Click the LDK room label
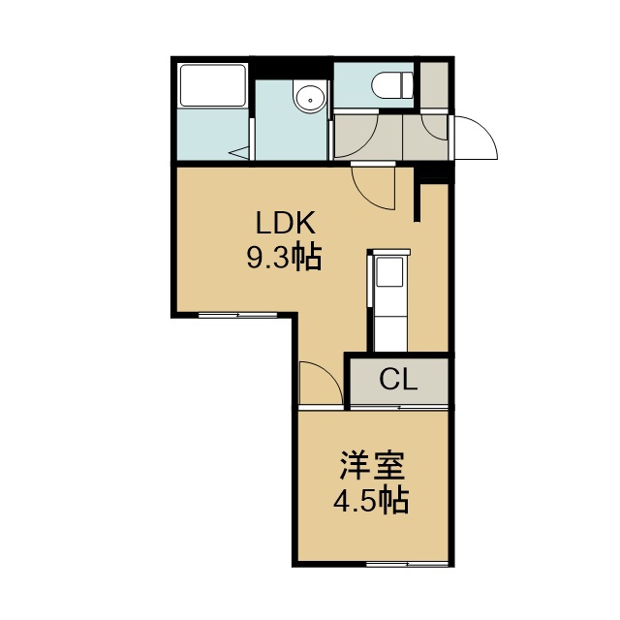(x=286, y=223)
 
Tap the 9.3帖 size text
(x=284, y=257)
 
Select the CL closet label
(x=398, y=380)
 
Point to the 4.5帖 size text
(x=370, y=501)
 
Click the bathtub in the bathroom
(x=213, y=85)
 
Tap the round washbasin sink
(x=310, y=97)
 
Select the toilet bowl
(x=387, y=84)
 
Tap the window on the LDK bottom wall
(x=237, y=315)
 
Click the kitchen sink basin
(x=389, y=271)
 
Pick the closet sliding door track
(x=399, y=407)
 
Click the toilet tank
(x=407, y=84)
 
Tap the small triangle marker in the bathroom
(x=239, y=153)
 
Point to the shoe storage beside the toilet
(x=434, y=84)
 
